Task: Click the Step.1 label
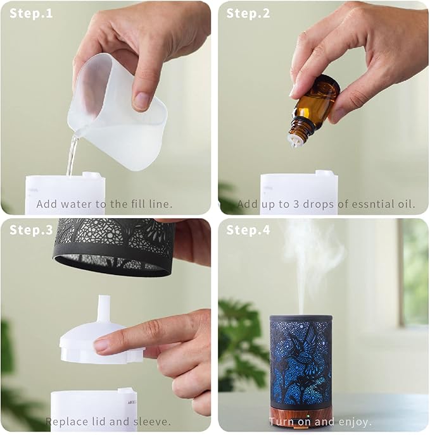pos(31,13)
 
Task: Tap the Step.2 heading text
pos(248,13)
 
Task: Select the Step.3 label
pos(31,230)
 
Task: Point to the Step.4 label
pos(248,230)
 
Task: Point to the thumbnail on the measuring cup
pos(142,101)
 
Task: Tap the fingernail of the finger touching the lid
pos(102,346)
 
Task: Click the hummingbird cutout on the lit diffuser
pos(306,343)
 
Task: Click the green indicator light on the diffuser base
pos(308,416)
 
